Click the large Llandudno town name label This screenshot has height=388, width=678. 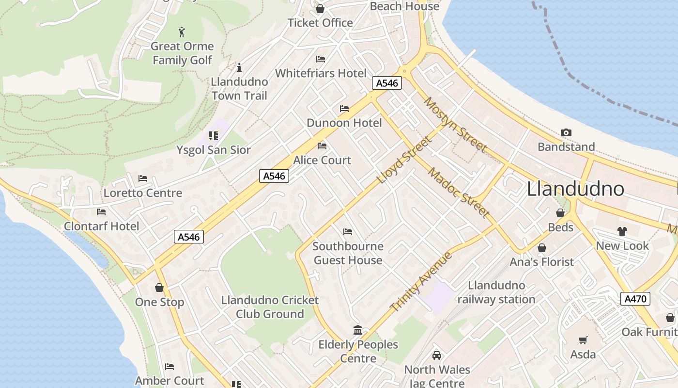tap(575, 188)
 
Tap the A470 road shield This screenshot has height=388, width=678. tap(635, 299)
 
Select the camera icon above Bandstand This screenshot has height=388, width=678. tap(566, 133)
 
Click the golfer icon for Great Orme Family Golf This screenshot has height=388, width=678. tap(182, 32)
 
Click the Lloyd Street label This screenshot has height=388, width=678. tap(403, 160)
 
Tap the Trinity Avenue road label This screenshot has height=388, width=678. tap(421, 282)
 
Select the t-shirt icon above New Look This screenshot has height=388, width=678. tap(622, 231)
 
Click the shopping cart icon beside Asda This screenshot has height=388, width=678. tap(583, 340)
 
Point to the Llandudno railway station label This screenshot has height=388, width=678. tap(496, 292)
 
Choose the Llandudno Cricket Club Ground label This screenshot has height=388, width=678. tap(270, 307)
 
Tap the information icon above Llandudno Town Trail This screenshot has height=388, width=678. tap(239, 67)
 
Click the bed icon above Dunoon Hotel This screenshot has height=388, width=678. tap(344, 109)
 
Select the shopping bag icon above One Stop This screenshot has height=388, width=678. tap(159, 288)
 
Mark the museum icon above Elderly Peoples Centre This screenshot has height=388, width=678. tap(358, 330)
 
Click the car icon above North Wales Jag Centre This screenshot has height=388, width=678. tap(437, 356)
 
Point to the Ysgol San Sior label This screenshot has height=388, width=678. tap(214, 150)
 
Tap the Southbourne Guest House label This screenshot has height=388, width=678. tap(348, 253)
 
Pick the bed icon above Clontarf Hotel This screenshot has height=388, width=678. tap(101, 212)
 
